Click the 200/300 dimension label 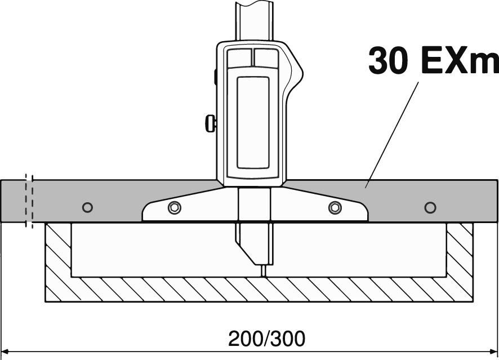[x=266, y=339]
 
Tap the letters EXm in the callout [x=460, y=61]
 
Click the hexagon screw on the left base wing [x=175, y=208]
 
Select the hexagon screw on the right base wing [x=335, y=207]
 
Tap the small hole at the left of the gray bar [x=87, y=207]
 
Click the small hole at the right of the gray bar [x=430, y=207]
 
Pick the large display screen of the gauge [x=253, y=122]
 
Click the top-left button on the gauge [x=239, y=58]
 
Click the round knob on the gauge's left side [x=211, y=123]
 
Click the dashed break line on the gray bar [x=29, y=201]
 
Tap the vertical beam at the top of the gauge [x=254, y=20]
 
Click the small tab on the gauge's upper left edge [x=216, y=77]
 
